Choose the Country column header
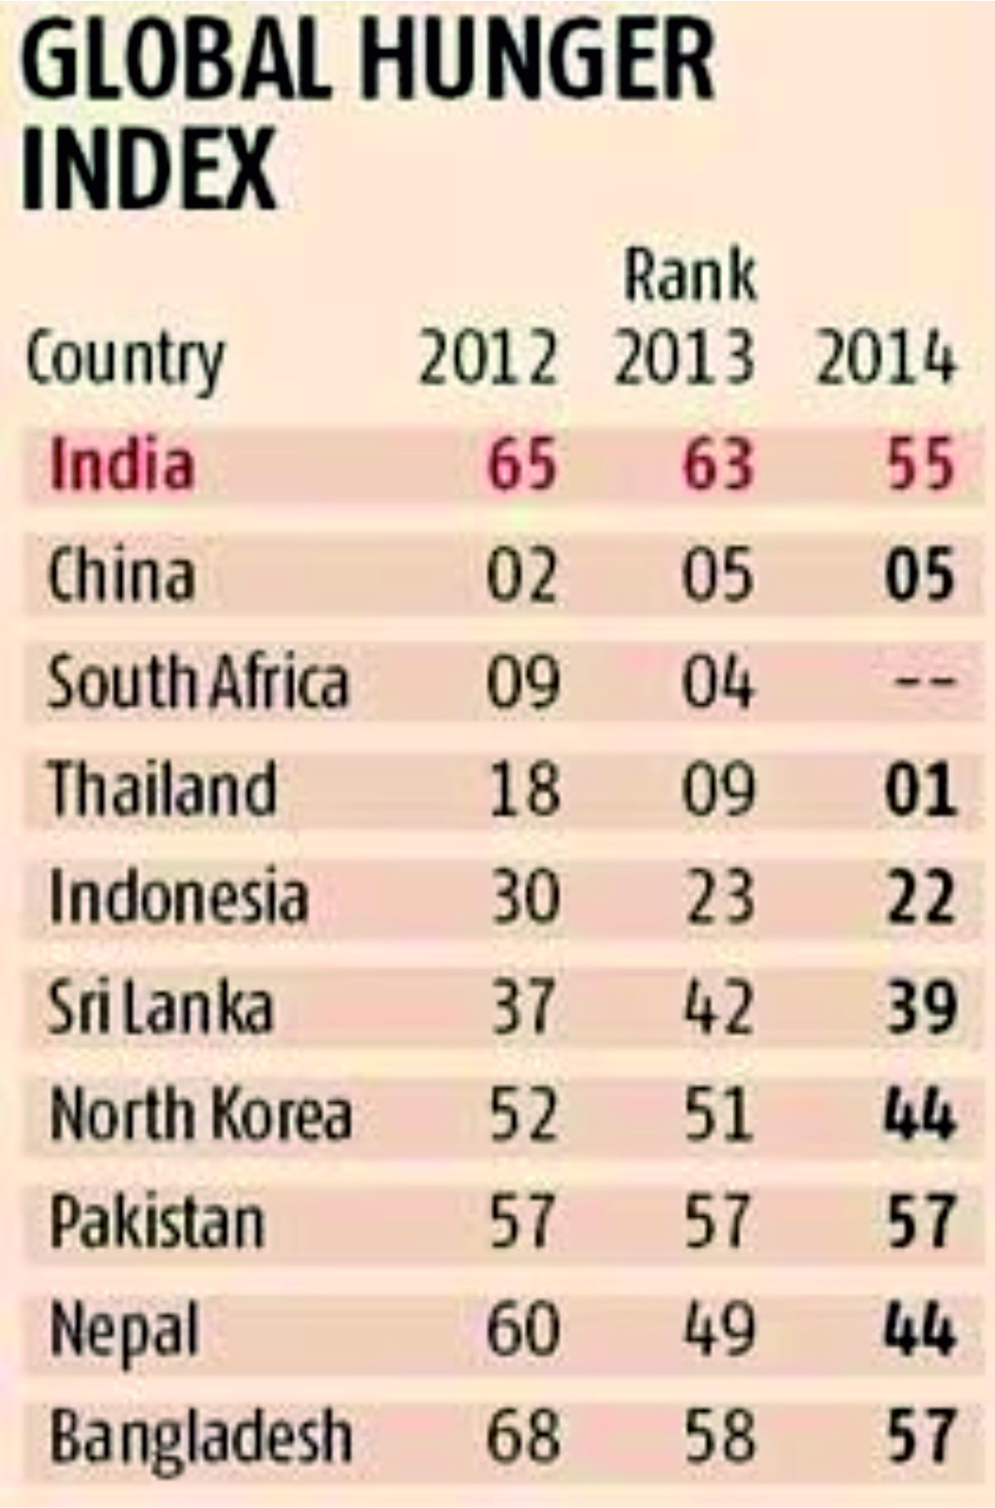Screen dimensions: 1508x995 pos(125,361)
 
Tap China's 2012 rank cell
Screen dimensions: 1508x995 pos(522,574)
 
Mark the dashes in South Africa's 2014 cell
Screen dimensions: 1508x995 pos(925,683)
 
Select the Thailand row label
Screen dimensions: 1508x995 pos(163,789)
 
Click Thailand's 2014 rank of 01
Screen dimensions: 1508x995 pos(920,789)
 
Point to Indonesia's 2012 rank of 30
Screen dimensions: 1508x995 pos(524,898)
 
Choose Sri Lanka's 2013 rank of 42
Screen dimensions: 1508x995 pos(719,1006)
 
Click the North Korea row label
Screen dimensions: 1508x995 pos(200,1114)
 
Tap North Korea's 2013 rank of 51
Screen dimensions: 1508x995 pos(719,1114)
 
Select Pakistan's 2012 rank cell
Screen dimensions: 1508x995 pos(522,1222)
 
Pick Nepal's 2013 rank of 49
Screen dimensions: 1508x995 pos(719,1330)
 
